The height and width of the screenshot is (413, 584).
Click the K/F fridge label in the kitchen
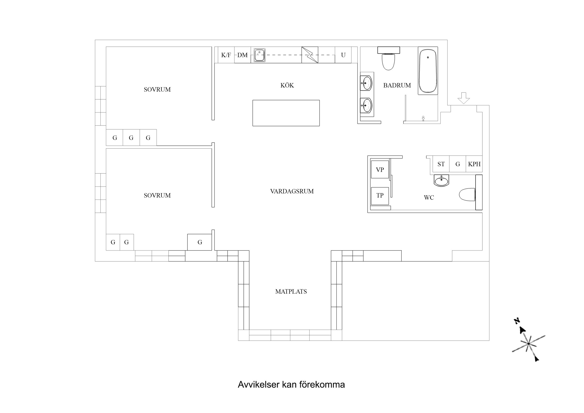(226, 55)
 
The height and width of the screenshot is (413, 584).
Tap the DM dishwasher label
(242, 55)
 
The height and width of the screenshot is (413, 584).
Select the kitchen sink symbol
(259, 55)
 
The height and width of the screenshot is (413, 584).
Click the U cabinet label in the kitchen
(343, 55)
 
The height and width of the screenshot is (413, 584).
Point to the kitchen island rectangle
(286, 113)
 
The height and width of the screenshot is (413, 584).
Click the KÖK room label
(287, 85)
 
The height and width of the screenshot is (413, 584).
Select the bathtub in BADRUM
(428, 71)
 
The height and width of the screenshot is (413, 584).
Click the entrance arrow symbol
(463, 98)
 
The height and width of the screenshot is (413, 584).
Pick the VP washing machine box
(380, 169)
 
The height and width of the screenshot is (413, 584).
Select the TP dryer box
(380, 195)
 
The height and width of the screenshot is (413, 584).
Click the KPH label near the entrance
(474, 164)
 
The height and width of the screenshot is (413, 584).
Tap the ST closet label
(441, 164)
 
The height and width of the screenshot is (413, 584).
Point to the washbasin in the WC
(441, 181)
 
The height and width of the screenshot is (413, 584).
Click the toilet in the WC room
(467, 195)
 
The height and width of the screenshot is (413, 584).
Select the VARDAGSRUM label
(292, 191)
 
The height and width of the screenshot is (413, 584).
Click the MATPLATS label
(291, 291)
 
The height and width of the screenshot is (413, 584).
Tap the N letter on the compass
(517, 321)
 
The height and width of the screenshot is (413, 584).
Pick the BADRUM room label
(397, 85)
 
